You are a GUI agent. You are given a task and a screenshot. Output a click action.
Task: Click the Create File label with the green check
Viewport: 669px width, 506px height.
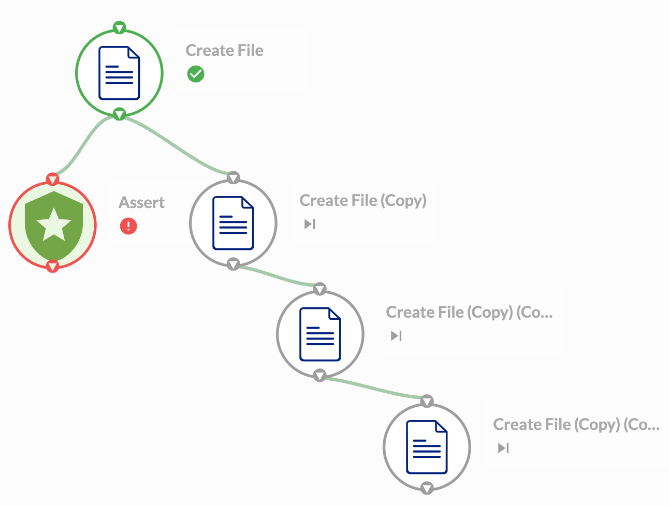(224, 51)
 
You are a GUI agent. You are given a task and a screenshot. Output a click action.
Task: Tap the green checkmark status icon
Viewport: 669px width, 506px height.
(196, 74)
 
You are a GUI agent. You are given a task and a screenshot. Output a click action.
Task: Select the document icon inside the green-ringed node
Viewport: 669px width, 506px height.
(119, 73)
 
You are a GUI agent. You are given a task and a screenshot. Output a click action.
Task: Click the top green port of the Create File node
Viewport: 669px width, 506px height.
(120, 27)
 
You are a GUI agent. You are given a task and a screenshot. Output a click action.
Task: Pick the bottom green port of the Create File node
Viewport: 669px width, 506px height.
(120, 114)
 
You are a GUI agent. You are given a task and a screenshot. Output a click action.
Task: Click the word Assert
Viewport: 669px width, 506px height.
(142, 202)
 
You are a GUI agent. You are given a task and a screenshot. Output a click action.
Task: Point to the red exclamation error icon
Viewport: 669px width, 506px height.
(128, 226)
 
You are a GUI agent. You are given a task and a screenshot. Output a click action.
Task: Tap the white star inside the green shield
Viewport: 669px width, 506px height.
(53, 225)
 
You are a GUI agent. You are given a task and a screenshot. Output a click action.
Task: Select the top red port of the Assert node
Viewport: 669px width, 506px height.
(53, 180)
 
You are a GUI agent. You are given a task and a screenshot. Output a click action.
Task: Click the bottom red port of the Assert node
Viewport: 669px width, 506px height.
(53, 266)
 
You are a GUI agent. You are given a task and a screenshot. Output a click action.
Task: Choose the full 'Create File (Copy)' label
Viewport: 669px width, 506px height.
(363, 201)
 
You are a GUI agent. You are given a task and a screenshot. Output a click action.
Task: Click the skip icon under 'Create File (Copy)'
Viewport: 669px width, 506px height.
(310, 224)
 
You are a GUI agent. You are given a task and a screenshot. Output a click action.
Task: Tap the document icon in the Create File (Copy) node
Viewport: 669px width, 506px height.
(233, 223)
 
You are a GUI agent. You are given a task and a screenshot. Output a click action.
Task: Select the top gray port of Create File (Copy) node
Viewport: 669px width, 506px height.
(234, 178)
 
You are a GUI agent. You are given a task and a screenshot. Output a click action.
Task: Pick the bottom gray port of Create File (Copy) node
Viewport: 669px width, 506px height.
(234, 264)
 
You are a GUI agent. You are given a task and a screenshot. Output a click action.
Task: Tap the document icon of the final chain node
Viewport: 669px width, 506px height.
(427, 447)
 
